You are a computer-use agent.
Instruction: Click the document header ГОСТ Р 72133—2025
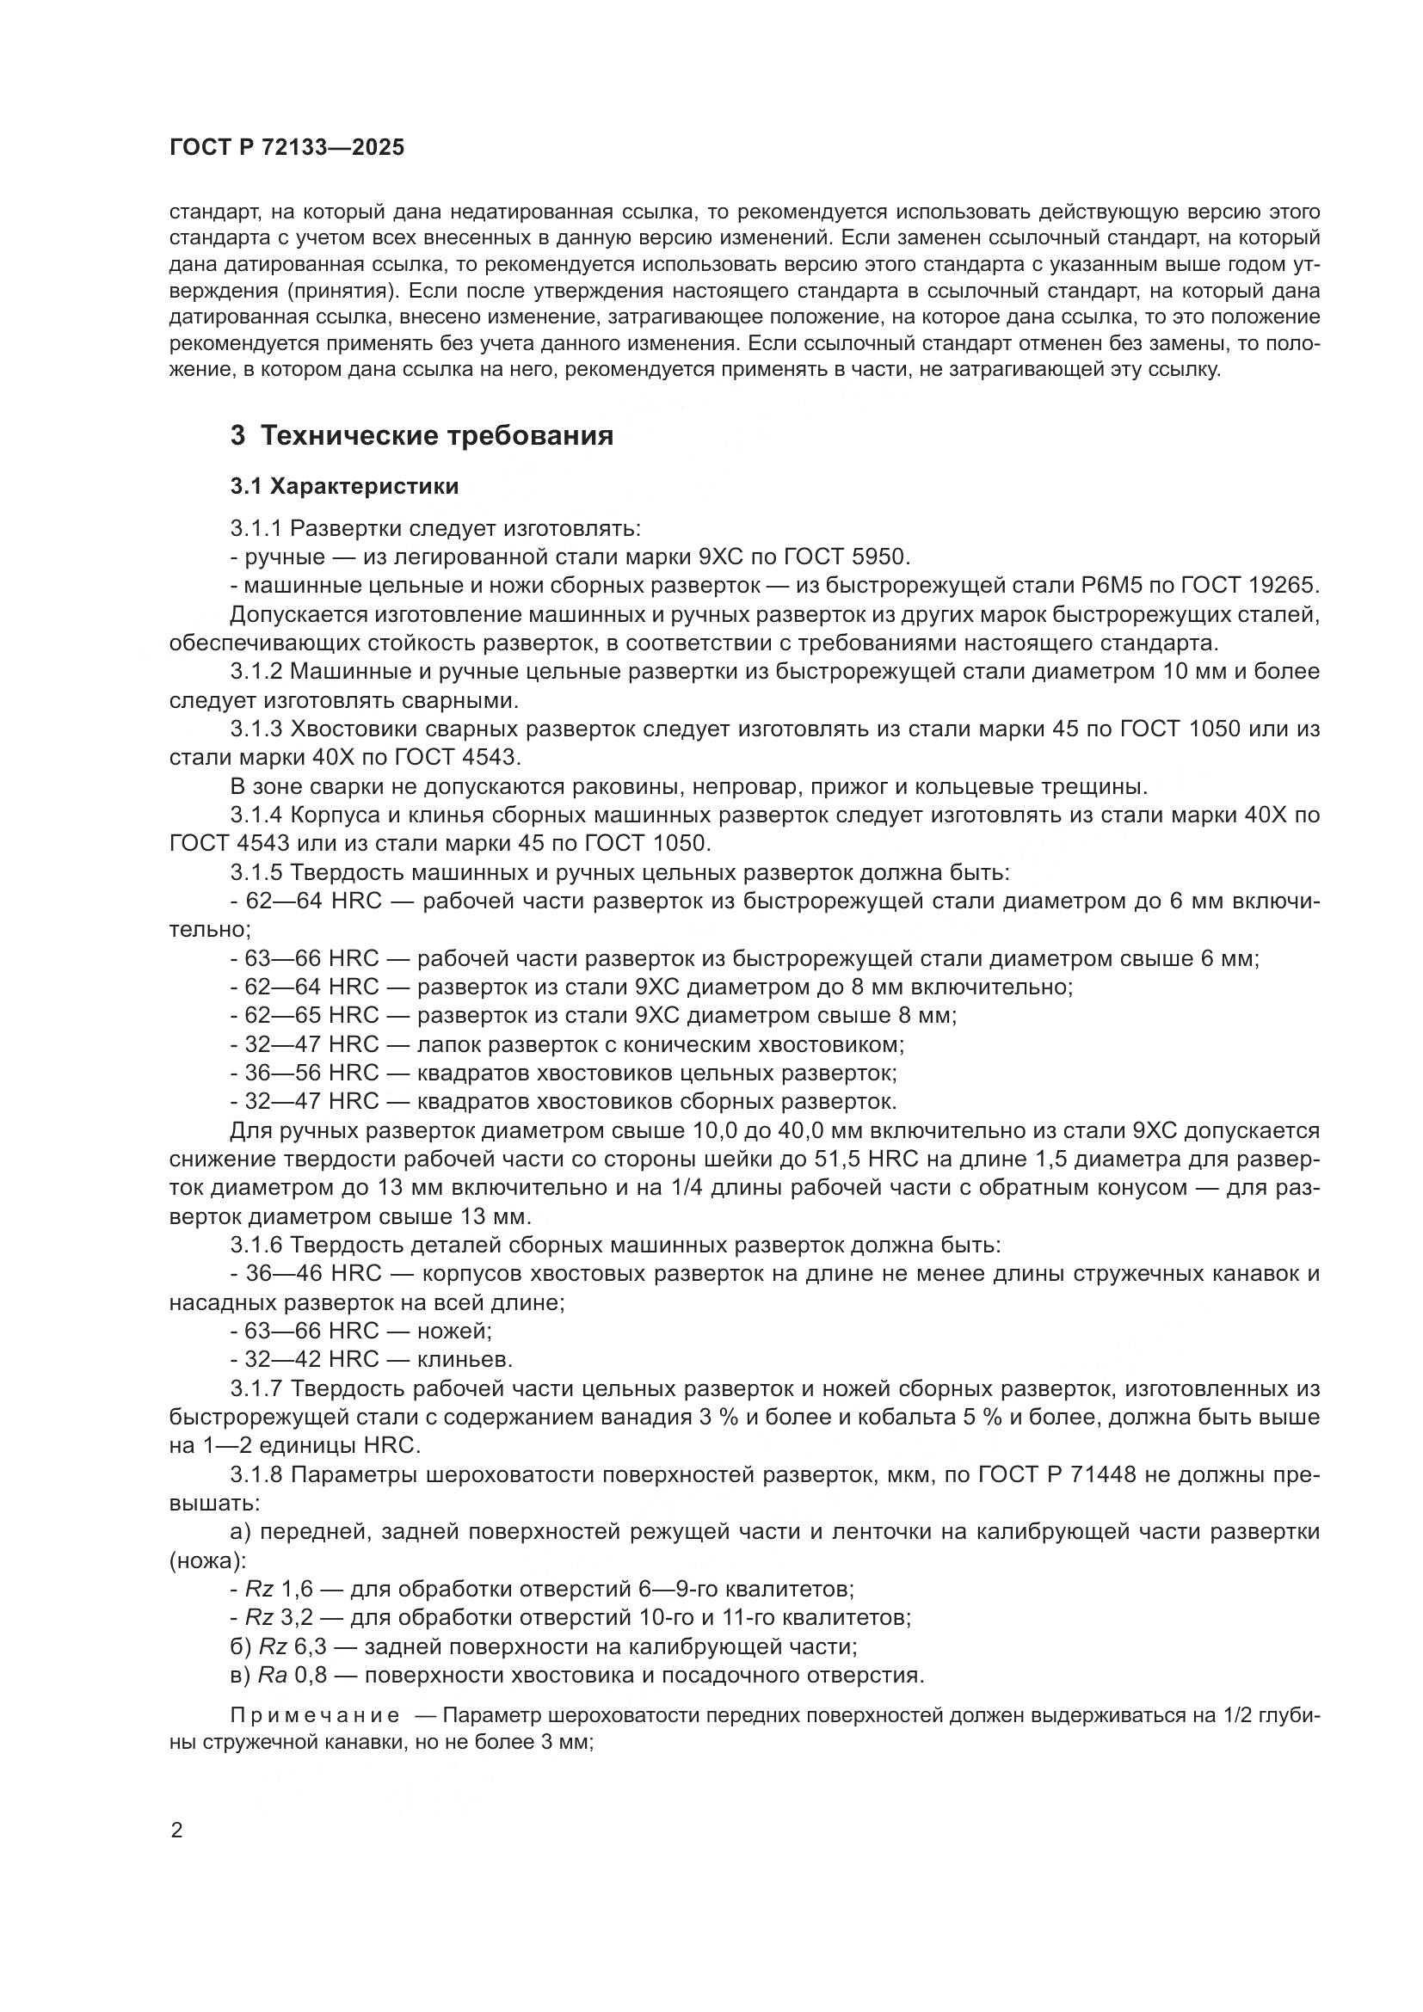click(x=286, y=147)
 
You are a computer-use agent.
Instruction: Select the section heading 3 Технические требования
click(x=422, y=435)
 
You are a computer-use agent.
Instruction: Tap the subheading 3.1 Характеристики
click(x=344, y=485)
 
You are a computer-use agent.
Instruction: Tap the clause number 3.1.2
click(x=256, y=671)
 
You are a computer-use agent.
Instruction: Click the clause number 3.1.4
click(x=256, y=814)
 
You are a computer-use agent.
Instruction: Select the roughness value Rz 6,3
click(x=293, y=1646)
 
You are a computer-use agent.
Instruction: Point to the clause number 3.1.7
click(x=256, y=1389)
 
